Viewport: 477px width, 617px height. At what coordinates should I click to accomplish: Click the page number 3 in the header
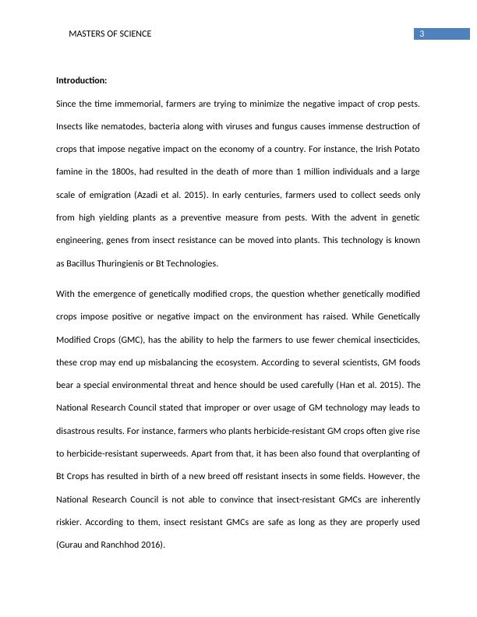click(x=421, y=33)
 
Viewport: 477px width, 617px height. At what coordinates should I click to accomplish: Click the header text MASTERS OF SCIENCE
click(x=110, y=34)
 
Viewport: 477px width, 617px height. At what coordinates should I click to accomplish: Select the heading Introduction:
click(x=82, y=81)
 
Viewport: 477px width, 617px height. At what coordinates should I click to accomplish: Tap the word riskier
click(x=70, y=522)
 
